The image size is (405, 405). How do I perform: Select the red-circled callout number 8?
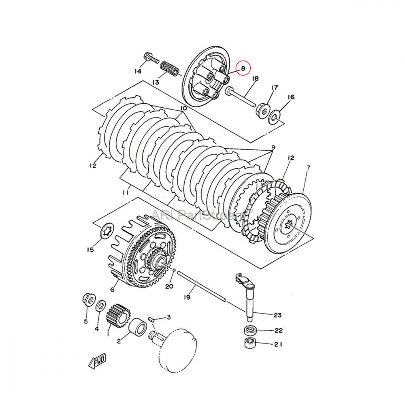pyautogui.click(x=243, y=68)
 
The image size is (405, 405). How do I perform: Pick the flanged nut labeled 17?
pyautogui.click(x=262, y=109)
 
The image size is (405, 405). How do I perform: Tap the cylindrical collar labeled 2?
pyautogui.click(x=137, y=326)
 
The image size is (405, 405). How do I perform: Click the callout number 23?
pyautogui.click(x=278, y=315)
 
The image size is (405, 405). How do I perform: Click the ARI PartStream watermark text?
pyautogui.click(x=202, y=214)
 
